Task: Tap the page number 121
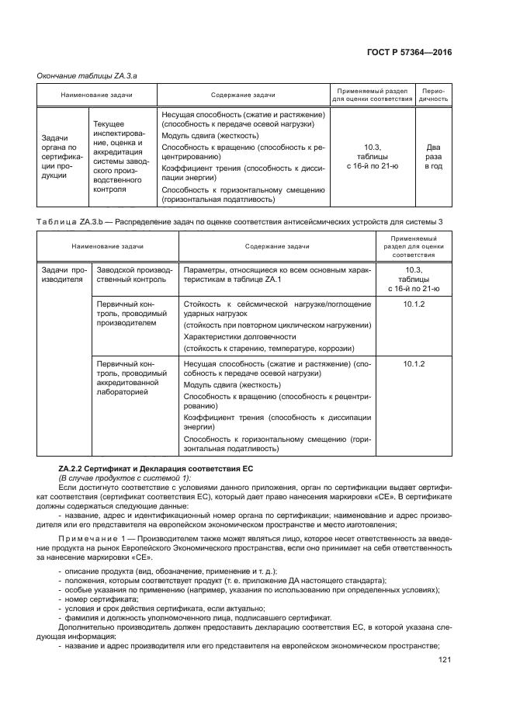(445, 659)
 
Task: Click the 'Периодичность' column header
(434, 94)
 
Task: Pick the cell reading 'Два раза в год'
(434, 155)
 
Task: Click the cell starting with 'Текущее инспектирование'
(121, 155)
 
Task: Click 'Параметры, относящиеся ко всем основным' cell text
(276, 274)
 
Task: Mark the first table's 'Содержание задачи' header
(242, 94)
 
